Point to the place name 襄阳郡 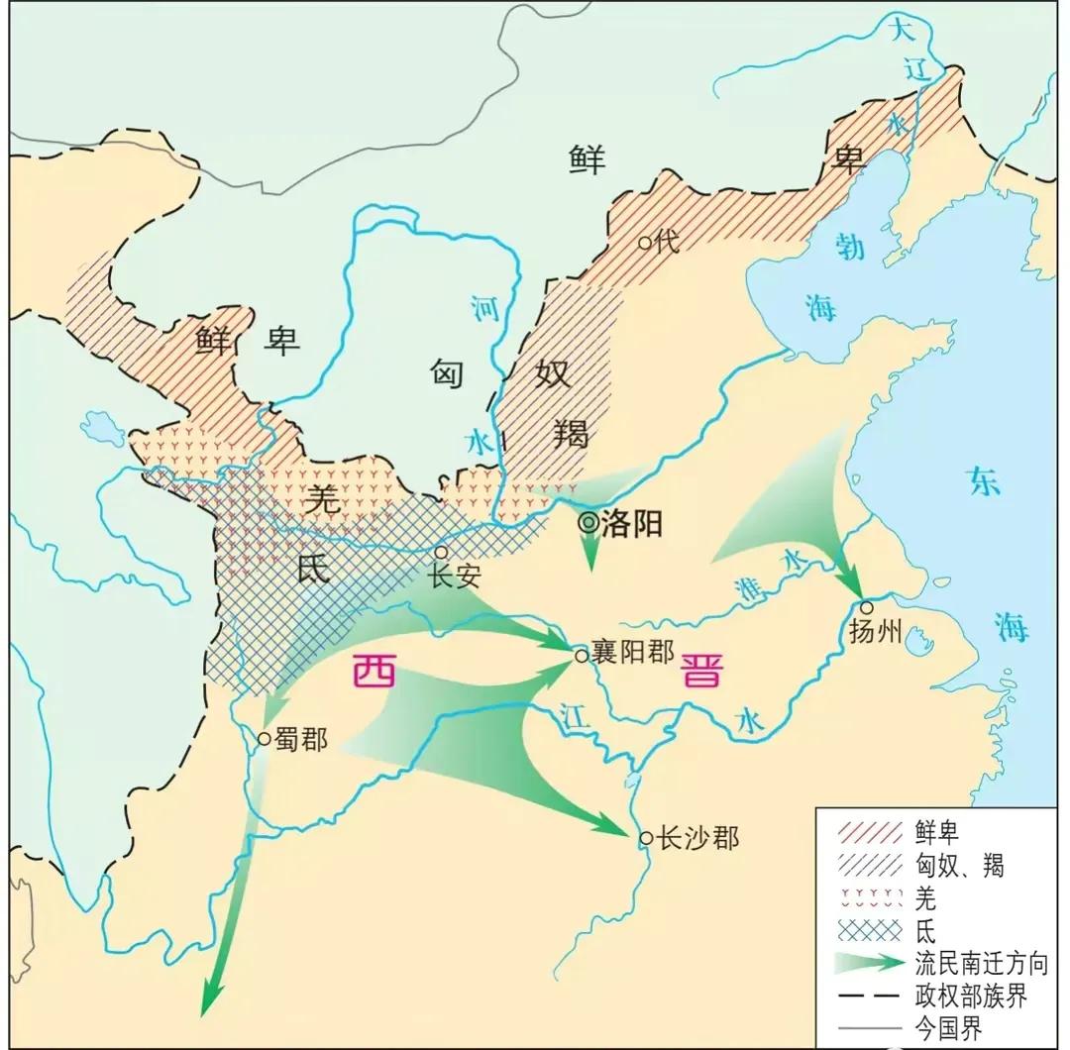[x=632, y=652]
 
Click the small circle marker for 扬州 [x=867, y=607]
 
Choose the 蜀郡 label [x=300, y=739]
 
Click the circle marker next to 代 [x=645, y=241]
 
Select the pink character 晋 [x=701, y=673]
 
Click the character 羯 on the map [x=572, y=432]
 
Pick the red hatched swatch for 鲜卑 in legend [x=869, y=832]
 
